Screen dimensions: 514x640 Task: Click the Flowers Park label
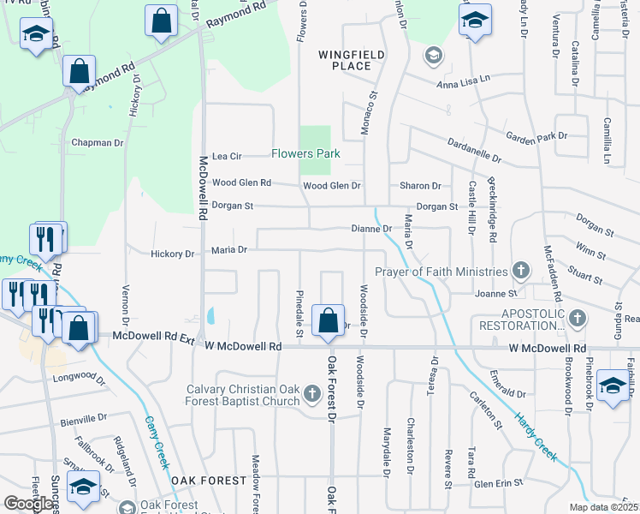point(305,154)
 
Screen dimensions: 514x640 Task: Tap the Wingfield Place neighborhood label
point(351,60)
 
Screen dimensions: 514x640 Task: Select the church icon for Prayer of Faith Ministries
point(520,272)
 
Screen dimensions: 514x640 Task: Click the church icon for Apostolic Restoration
point(578,319)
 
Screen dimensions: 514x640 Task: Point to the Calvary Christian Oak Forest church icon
point(311,393)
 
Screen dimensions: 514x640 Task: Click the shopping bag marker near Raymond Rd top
point(161,21)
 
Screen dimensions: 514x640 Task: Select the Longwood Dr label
point(79,378)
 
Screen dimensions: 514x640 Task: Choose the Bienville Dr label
point(83,421)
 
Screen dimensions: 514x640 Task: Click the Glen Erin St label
point(498,483)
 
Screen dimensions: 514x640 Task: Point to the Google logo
point(28,504)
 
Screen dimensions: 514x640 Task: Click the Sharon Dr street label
point(420,186)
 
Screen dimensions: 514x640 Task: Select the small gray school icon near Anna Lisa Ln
point(433,56)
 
